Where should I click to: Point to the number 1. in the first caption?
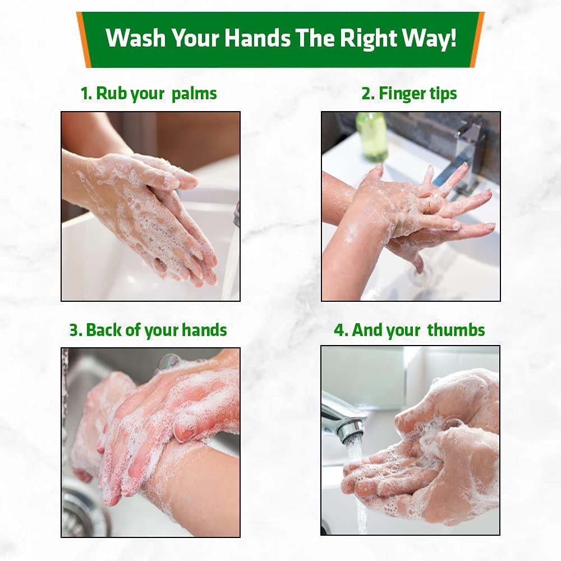pos(86,93)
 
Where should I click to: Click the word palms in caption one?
pos(194,94)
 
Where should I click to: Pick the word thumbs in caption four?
pos(456,330)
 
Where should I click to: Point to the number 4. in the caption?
pos(341,330)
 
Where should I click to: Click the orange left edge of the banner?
pos(84,39)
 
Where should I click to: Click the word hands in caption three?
pos(207,330)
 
